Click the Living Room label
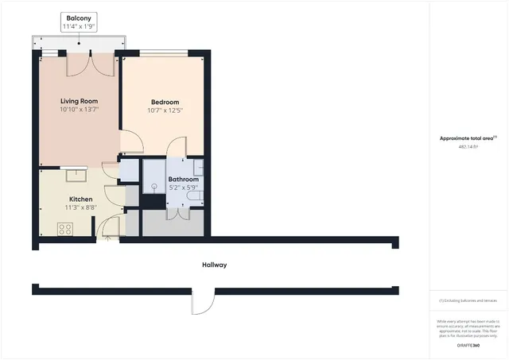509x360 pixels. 79,101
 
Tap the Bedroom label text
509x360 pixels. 165,102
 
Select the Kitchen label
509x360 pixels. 80,199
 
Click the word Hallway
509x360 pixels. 214,265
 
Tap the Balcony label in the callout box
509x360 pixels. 79,18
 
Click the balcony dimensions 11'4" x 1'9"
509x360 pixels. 79,27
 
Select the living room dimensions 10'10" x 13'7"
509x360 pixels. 79,110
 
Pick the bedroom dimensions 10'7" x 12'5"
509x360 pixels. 165,110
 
